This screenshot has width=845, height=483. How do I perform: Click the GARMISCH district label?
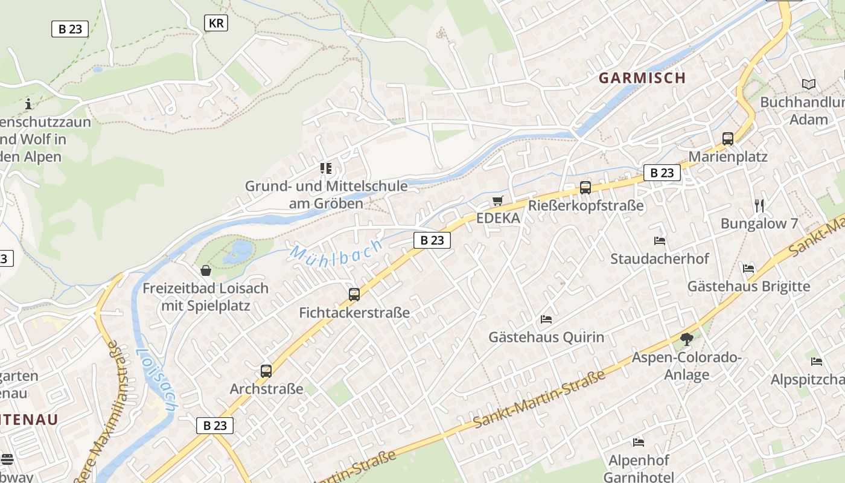coord(642,78)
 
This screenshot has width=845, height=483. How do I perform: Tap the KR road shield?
coord(215,24)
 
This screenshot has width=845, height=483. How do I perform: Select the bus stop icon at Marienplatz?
coord(728,139)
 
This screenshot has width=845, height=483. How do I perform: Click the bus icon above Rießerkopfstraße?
coord(585,187)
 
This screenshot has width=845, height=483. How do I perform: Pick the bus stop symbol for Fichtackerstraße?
coord(354,295)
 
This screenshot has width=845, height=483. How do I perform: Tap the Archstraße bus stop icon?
coord(266,371)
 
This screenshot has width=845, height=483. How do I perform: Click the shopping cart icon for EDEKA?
coord(498,200)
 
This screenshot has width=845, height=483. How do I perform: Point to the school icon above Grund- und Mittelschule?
coord(326,168)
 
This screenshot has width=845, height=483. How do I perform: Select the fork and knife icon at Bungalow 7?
coord(759,205)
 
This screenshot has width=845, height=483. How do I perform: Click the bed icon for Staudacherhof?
coord(660,240)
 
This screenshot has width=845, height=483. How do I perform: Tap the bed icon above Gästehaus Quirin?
coord(546,319)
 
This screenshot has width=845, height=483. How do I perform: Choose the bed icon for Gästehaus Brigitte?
coord(748,268)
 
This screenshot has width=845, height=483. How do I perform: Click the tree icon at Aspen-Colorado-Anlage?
coord(686,339)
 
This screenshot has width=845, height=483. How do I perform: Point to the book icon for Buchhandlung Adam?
coord(808,84)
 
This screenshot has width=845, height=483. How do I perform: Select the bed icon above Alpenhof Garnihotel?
coord(639,442)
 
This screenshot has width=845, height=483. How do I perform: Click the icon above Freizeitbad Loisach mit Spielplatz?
coord(206,270)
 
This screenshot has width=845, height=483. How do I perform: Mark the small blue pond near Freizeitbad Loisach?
coord(240,252)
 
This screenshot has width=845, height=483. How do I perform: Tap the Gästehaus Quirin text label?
coord(546,337)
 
